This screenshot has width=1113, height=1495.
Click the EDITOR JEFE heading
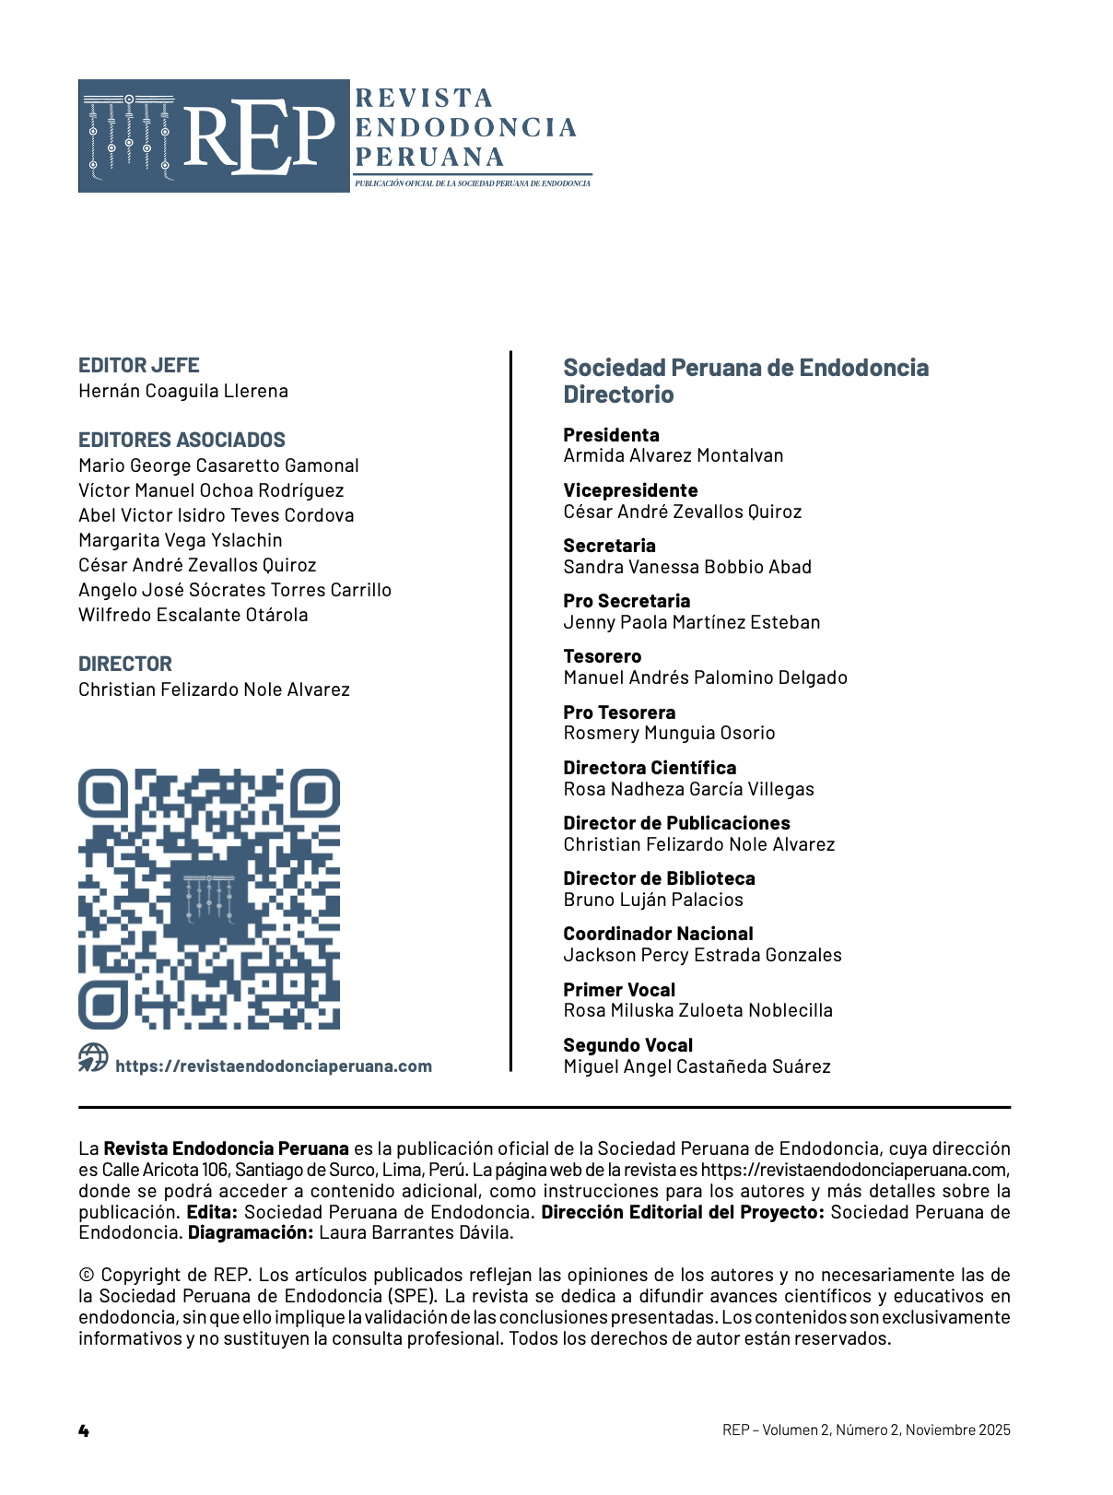(x=139, y=365)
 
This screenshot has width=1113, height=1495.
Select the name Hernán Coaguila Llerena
(x=183, y=391)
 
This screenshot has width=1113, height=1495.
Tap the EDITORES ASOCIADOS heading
(x=182, y=440)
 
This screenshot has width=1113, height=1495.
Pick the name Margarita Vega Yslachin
(x=181, y=540)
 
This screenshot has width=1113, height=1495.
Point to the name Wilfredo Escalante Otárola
(x=193, y=615)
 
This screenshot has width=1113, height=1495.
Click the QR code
(x=209, y=899)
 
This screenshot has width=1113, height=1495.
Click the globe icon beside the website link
(x=93, y=1058)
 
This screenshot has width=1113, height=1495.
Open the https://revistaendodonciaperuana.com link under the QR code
(x=274, y=1066)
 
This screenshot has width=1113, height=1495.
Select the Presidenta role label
(x=612, y=435)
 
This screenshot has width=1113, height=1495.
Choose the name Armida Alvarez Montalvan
(x=674, y=455)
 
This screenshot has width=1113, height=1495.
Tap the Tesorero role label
(x=603, y=656)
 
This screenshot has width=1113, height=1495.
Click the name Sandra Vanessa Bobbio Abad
(x=687, y=567)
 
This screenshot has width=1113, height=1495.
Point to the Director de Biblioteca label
(x=660, y=878)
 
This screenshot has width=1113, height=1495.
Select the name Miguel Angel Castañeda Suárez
(x=697, y=1066)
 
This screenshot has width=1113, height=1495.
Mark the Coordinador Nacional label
(x=659, y=934)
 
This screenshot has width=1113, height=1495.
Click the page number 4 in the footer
(x=84, y=1430)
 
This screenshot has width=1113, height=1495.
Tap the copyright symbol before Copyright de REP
(x=87, y=1276)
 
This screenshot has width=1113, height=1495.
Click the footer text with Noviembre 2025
(x=866, y=1430)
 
